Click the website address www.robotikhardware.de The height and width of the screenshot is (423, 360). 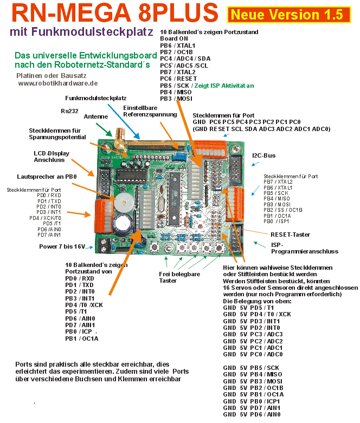point(58,83)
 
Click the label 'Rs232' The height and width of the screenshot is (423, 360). point(69,111)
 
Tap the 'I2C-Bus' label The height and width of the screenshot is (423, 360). point(264,156)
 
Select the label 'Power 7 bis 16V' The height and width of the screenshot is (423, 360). point(62,246)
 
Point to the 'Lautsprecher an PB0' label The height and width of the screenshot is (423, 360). point(47,177)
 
